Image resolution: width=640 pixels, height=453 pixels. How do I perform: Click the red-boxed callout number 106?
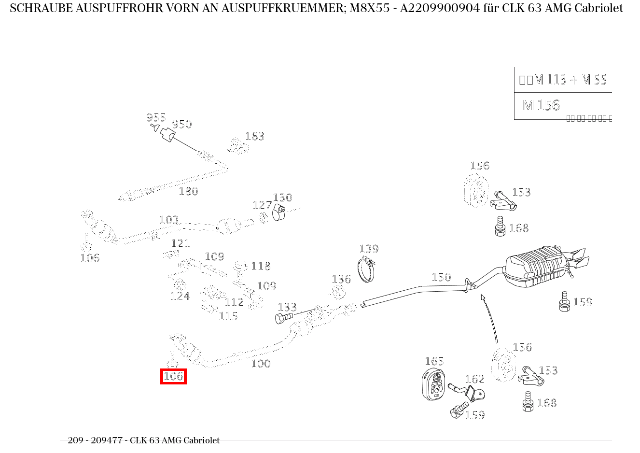pyautogui.click(x=173, y=376)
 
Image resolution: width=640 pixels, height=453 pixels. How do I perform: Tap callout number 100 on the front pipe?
pyautogui.click(x=261, y=364)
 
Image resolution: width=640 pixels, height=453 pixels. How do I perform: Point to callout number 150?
pyautogui.click(x=441, y=277)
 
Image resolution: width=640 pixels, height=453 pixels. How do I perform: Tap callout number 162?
pyautogui.click(x=474, y=379)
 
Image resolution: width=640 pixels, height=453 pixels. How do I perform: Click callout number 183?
pyautogui.click(x=254, y=137)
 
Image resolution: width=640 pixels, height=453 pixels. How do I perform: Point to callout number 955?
pyautogui.click(x=156, y=117)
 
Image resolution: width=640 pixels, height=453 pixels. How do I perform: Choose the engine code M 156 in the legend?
pyautogui.click(x=541, y=105)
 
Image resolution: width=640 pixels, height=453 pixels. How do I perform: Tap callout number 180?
pyautogui.click(x=188, y=191)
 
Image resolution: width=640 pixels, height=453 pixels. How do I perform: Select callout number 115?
pyautogui.click(x=228, y=316)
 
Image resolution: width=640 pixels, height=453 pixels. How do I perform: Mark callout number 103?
pyautogui.click(x=168, y=220)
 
